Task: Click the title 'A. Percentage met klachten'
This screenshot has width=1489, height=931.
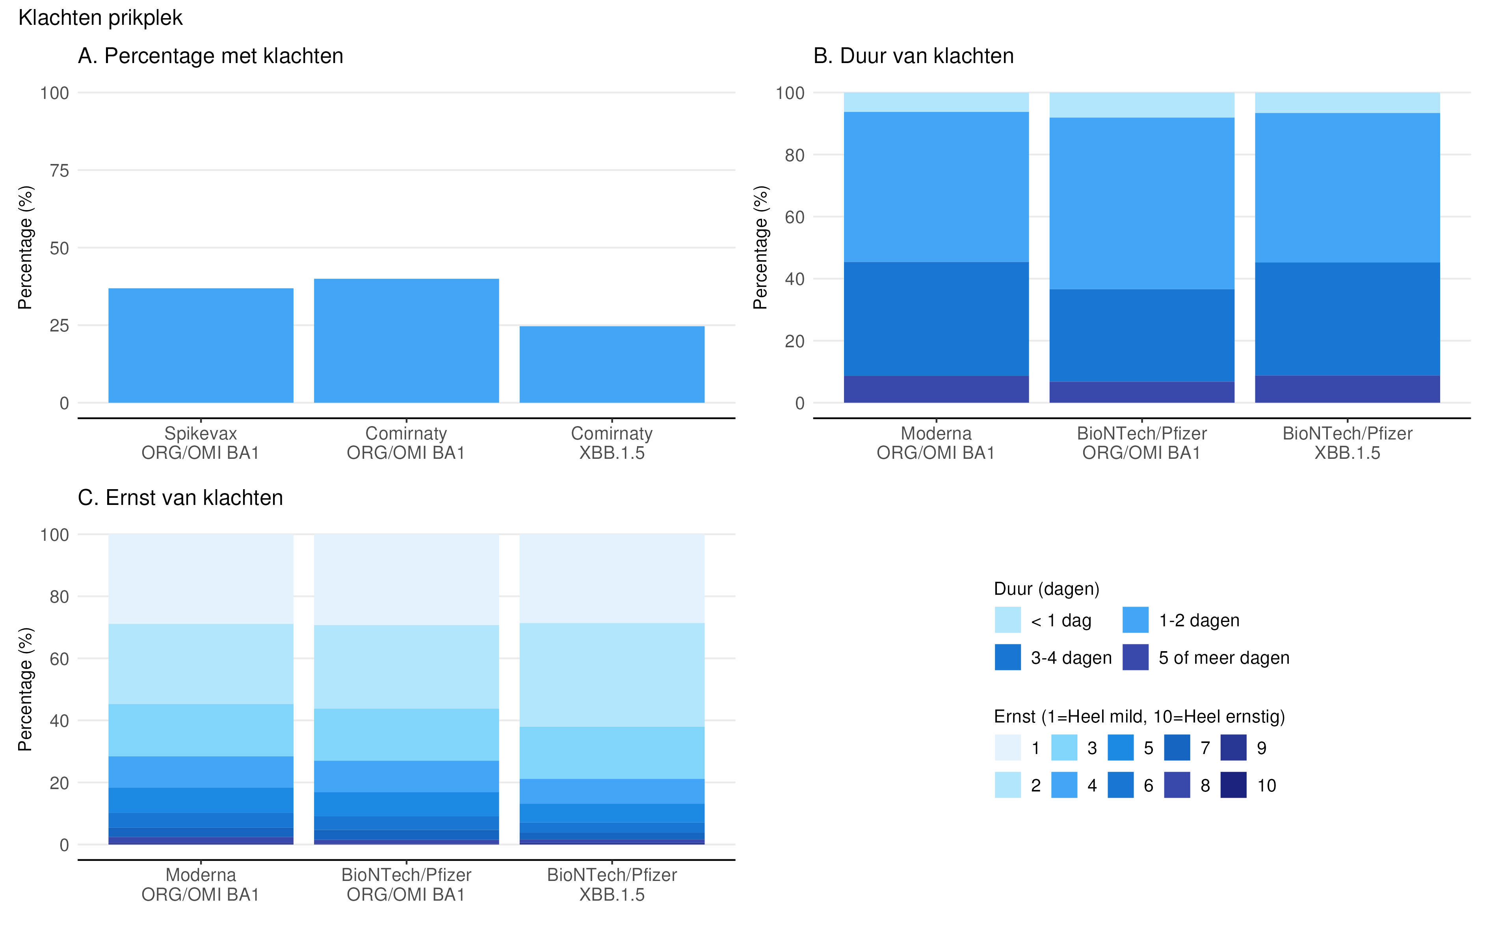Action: point(210,56)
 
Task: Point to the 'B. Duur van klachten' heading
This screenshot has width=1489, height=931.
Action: point(913,56)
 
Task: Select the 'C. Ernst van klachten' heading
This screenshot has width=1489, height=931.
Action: point(180,497)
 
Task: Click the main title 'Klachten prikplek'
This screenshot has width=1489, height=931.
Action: point(100,18)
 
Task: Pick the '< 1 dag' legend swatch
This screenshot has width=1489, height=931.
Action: point(1008,620)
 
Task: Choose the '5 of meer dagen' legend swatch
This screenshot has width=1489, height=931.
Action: point(1135,657)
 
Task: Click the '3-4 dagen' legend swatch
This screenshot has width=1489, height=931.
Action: point(1008,657)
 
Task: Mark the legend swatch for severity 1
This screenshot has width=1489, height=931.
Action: point(1008,747)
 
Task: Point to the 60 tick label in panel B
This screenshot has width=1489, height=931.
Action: point(795,217)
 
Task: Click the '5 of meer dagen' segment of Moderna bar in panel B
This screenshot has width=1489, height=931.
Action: point(936,389)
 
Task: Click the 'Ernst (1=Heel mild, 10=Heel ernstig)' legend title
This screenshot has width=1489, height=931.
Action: point(1140,717)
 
